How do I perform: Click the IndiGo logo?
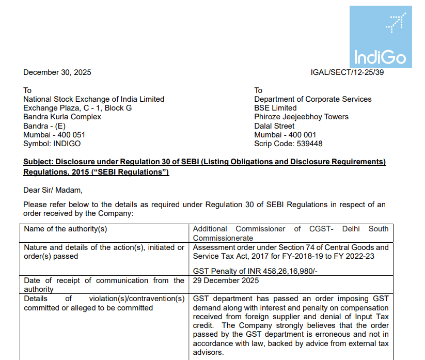(381, 37)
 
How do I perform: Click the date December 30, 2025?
(57, 72)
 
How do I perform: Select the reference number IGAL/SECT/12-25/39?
(347, 72)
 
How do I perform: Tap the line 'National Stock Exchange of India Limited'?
(93, 99)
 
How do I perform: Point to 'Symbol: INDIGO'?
(52, 144)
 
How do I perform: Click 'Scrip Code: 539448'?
(288, 144)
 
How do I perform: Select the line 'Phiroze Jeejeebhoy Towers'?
(301, 117)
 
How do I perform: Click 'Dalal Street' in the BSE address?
(274, 126)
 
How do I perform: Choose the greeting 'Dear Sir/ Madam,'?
(53, 190)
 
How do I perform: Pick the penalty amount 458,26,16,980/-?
(284, 271)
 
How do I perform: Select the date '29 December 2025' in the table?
(226, 280)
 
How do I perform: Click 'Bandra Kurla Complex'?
(62, 117)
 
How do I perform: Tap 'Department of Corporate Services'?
(312, 99)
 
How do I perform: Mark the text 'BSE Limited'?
(275, 108)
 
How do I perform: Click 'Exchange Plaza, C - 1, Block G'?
(77, 108)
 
